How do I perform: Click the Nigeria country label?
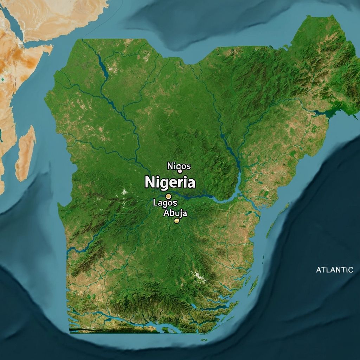tap(170, 183)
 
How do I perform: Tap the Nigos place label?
tap(179, 166)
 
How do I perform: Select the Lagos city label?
tap(165, 202)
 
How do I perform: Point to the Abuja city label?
tap(175, 213)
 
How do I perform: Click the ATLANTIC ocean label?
tap(334, 270)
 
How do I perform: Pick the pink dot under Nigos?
tap(180, 171)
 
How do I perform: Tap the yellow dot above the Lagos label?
tap(168, 196)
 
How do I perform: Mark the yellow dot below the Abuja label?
tap(176, 221)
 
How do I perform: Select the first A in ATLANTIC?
tap(319, 270)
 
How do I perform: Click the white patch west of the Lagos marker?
tap(124, 192)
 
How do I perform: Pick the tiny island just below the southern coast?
tap(204, 340)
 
